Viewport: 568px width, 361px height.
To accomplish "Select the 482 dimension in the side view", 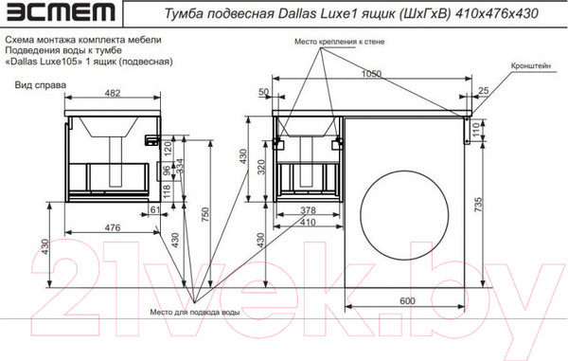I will click(x=111, y=93).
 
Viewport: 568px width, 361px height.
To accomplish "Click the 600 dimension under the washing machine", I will click(x=407, y=299).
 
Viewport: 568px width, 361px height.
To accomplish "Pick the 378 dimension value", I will click(x=301, y=210).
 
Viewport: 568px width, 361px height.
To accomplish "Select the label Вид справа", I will click(x=40, y=84).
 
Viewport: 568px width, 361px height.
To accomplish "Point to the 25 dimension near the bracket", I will click(x=484, y=91).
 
